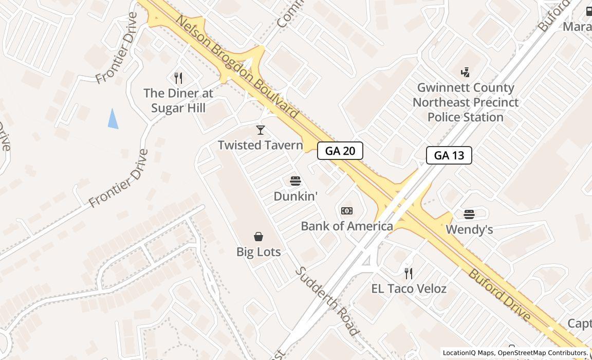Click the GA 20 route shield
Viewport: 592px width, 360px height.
click(340, 151)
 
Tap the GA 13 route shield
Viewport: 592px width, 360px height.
click(449, 155)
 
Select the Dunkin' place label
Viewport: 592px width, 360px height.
click(295, 196)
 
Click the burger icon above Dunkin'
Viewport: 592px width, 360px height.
click(295, 181)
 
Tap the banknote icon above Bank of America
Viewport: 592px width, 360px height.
click(347, 211)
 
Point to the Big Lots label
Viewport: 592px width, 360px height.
click(258, 251)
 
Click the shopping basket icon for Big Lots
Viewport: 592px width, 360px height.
click(258, 236)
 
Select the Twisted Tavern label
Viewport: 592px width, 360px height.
click(261, 145)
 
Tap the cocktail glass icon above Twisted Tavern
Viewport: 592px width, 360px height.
click(261, 130)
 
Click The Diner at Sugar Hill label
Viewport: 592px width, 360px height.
click(178, 100)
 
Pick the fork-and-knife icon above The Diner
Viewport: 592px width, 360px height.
click(178, 78)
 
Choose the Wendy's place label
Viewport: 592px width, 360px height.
click(469, 229)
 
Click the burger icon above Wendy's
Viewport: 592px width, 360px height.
click(469, 214)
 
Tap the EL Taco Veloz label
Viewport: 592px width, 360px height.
click(409, 289)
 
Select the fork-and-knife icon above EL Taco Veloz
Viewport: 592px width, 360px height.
click(409, 273)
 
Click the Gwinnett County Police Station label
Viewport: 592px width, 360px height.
click(465, 102)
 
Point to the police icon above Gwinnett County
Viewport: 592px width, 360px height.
click(465, 73)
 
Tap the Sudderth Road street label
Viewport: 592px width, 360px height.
click(327, 301)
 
